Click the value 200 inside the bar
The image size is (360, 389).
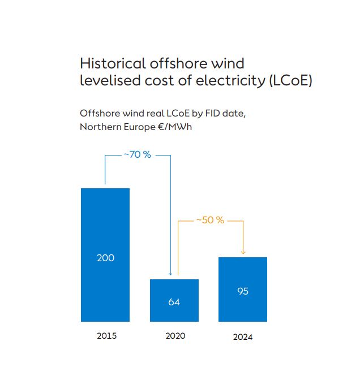pyautogui.click(x=105, y=258)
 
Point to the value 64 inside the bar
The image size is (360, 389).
pyautogui.click(x=174, y=302)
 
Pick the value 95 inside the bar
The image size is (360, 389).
pyautogui.click(x=243, y=292)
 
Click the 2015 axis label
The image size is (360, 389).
pyautogui.click(x=106, y=336)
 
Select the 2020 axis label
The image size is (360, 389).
pyautogui.click(x=175, y=336)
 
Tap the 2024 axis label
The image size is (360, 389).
pyautogui.click(x=243, y=338)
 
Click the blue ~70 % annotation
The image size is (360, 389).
pyautogui.click(x=138, y=154)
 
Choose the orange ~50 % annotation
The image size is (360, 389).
pyautogui.click(x=211, y=220)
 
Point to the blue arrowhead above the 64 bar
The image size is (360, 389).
pyautogui.click(x=170, y=273)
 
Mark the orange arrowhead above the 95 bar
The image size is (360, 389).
pyautogui.click(x=243, y=252)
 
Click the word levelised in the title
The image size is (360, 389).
pyautogui.click(x=106, y=81)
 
